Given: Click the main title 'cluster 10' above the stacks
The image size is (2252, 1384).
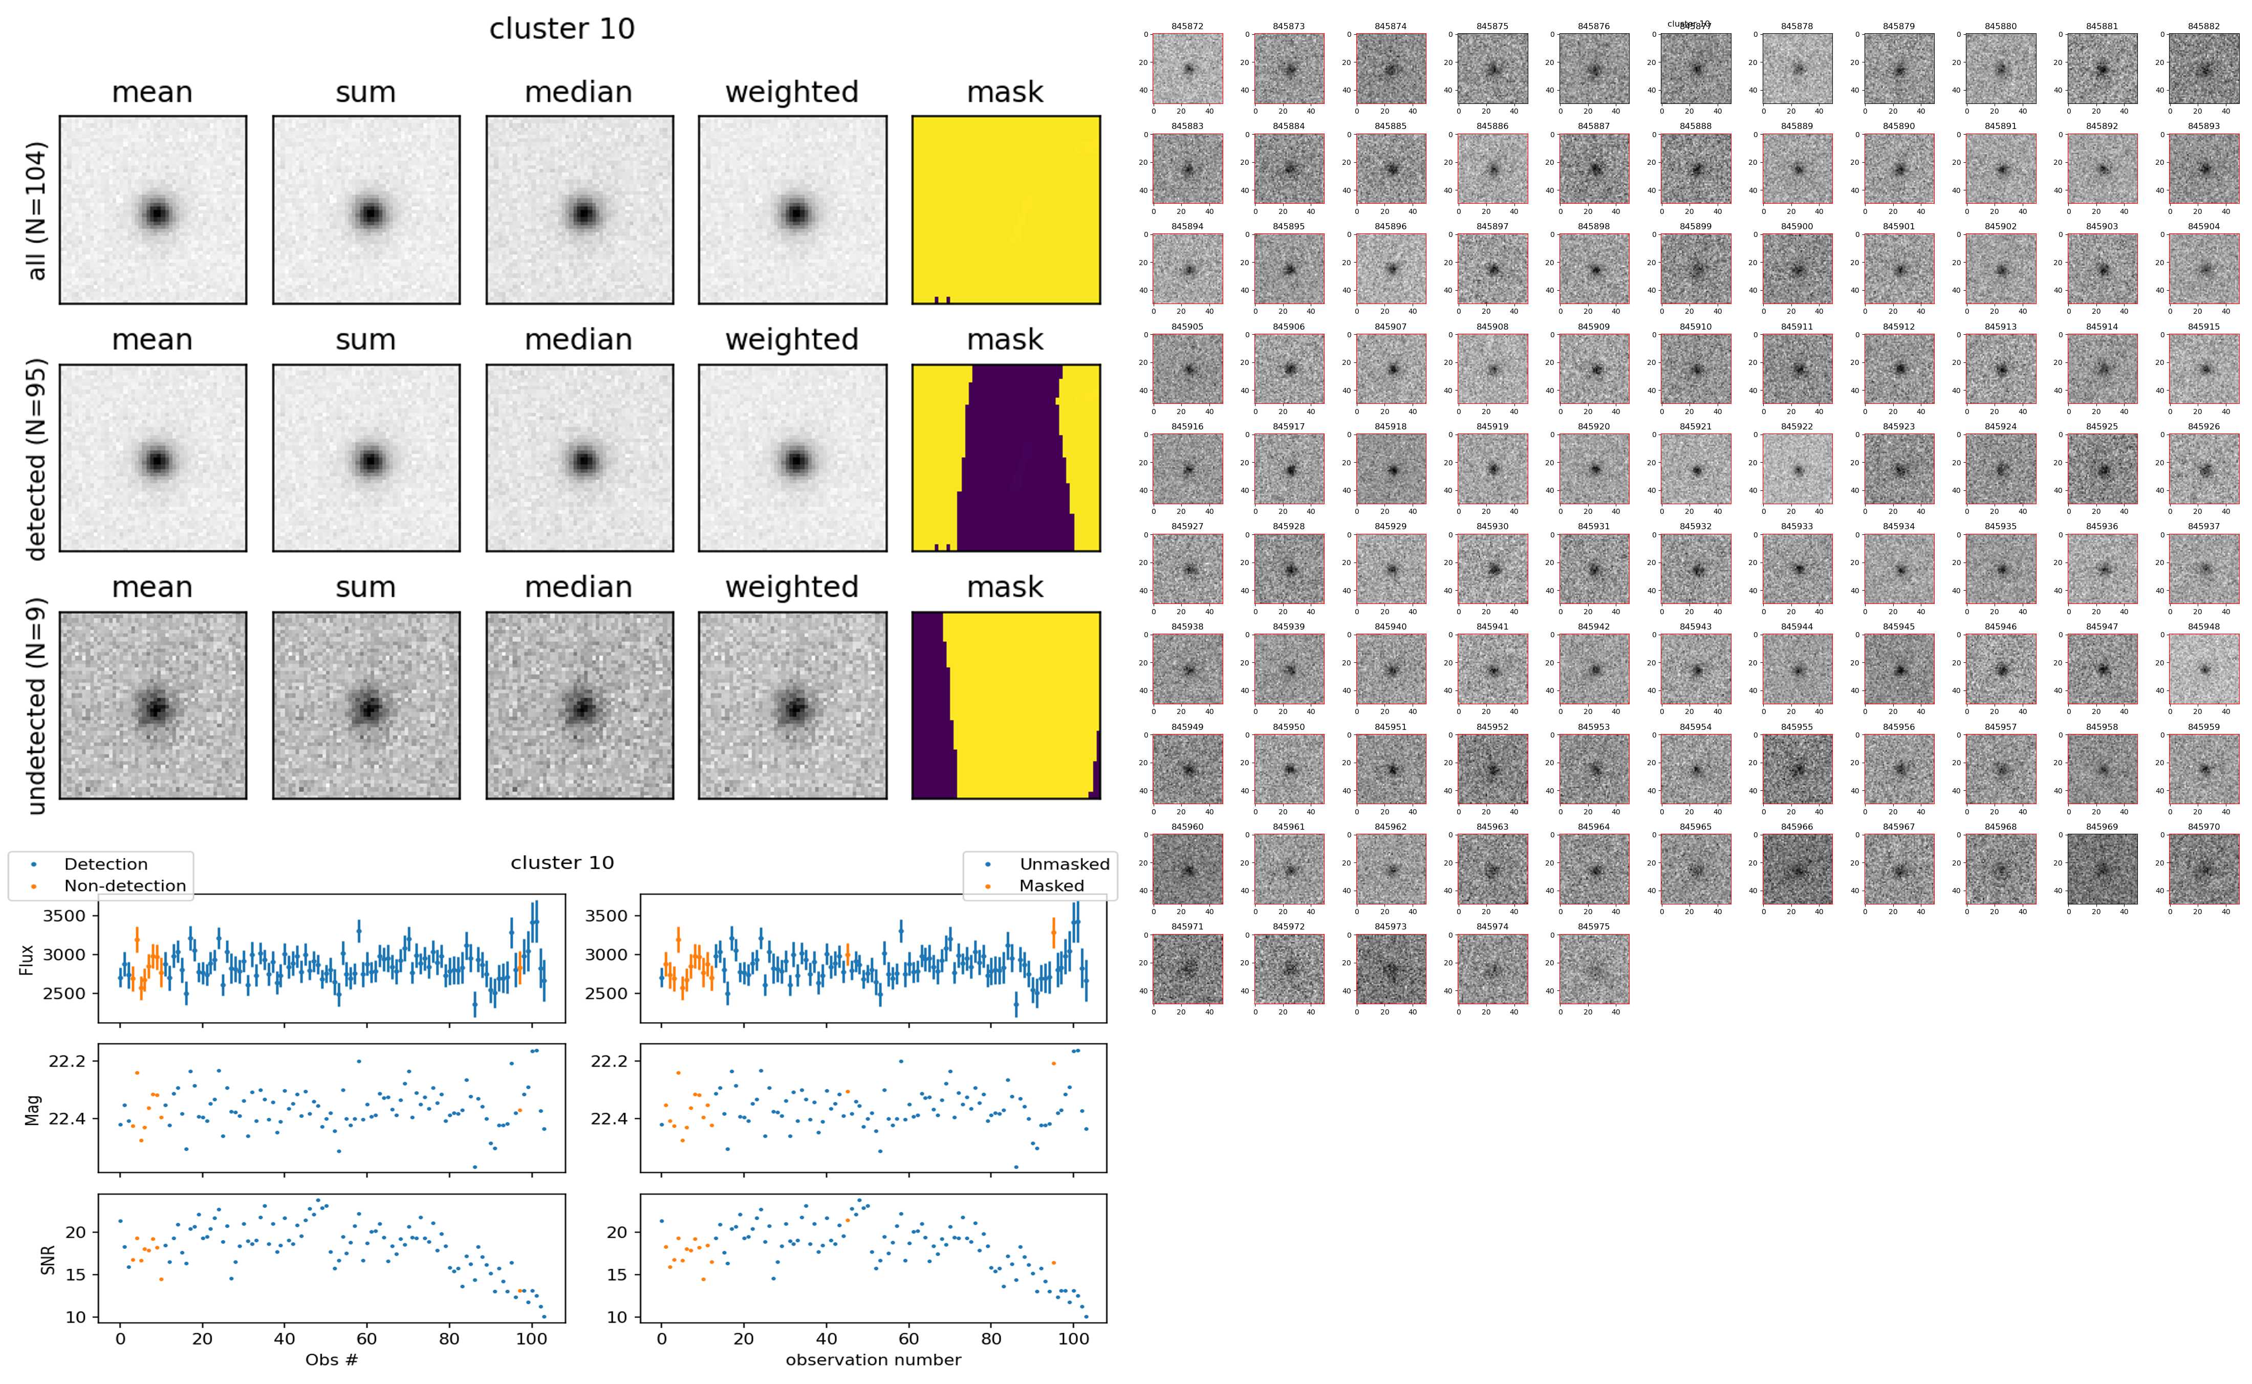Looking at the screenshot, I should click(x=562, y=29).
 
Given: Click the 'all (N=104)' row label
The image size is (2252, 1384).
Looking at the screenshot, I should click(x=37, y=210).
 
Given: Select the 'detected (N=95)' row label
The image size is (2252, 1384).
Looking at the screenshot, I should click(x=37, y=459).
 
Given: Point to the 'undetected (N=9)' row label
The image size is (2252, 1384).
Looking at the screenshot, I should click(x=37, y=706).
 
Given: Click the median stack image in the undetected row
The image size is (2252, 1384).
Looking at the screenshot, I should click(x=579, y=706).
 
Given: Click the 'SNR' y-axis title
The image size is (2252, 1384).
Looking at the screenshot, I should click(x=49, y=1260).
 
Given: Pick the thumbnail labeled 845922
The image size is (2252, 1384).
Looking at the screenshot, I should click(x=1797, y=469).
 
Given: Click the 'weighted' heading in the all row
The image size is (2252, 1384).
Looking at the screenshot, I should click(x=792, y=93).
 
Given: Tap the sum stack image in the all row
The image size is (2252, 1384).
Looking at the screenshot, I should click(x=366, y=210).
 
